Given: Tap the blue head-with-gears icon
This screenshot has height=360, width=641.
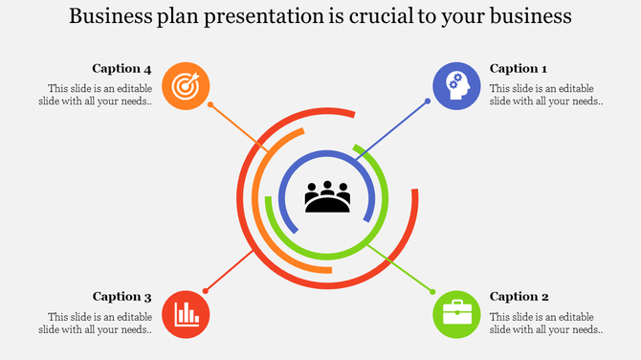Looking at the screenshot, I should pyautogui.click(x=455, y=85).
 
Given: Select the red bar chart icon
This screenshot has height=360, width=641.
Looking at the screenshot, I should pyautogui.click(x=186, y=314).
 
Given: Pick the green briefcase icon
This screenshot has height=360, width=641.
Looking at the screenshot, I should pyautogui.click(x=455, y=314).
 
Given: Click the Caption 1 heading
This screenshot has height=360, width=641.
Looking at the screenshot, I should pyautogui.click(x=519, y=68).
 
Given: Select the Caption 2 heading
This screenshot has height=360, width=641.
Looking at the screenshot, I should pyautogui.click(x=519, y=297).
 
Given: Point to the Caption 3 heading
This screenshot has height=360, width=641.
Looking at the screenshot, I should pyautogui.click(x=122, y=297).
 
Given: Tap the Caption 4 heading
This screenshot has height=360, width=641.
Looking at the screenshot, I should pyautogui.click(x=122, y=68).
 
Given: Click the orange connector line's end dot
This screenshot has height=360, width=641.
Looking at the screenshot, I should pyautogui.click(x=210, y=104).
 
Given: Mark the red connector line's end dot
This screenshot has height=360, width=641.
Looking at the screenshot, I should pyautogui.click(x=205, y=290).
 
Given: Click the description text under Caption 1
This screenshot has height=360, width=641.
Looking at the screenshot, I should pyautogui.click(x=545, y=95).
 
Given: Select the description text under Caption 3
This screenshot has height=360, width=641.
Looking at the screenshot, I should pyautogui.click(x=95, y=323).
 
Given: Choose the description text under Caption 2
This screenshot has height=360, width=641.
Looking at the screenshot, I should pyautogui.click(x=545, y=323).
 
